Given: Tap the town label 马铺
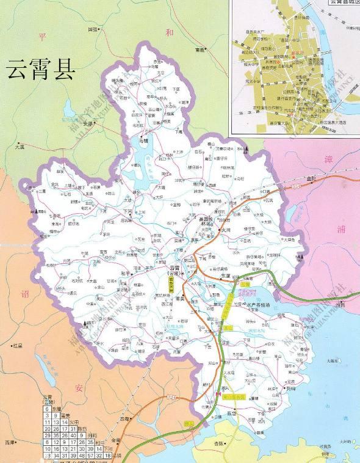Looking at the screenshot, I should pyautogui.click(x=144, y=140).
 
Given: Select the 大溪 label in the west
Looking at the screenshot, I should pyautogui.click(x=18, y=147).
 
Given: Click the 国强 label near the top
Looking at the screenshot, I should pyautogui.click(x=93, y=29).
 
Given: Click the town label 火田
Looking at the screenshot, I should pyautogui.click(x=226, y=230).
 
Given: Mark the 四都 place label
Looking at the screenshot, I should pyautogui.click(x=125, y=419).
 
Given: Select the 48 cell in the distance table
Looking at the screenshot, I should pyautogui.click(x=82, y=455).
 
